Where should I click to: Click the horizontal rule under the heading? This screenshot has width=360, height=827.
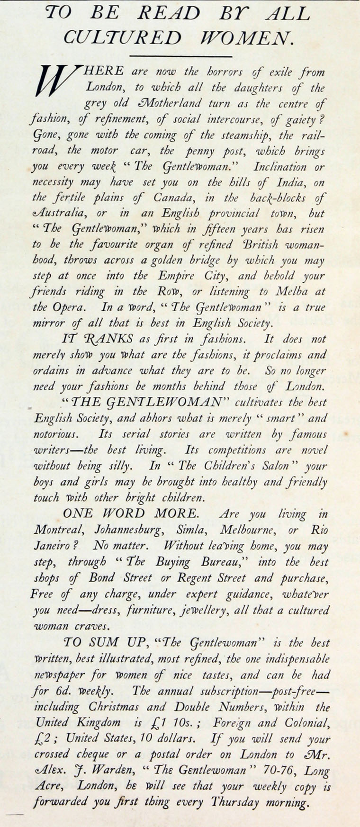[180, 57]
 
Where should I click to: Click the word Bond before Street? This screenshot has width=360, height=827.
[104, 578]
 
